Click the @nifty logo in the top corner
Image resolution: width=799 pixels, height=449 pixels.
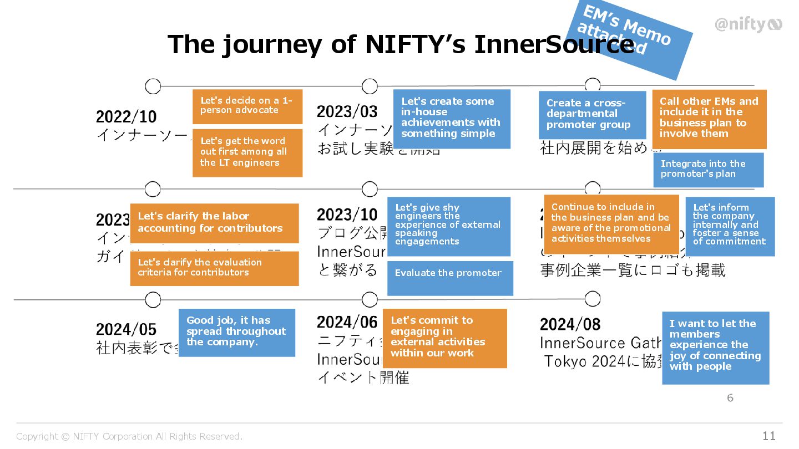pos(748,24)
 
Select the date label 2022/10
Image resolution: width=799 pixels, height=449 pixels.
pos(127,117)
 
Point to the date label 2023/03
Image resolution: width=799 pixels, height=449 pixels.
pos(347,111)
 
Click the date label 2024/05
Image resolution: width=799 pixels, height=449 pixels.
pos(127,329)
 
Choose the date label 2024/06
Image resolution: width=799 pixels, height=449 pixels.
pos(347,322)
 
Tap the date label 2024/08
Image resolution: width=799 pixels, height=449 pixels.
pos(570,324)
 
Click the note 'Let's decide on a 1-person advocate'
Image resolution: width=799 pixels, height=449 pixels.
pos(247,106)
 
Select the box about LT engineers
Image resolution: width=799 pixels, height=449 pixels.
pos(247,152)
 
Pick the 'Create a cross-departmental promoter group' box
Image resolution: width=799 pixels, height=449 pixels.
pos(592,115)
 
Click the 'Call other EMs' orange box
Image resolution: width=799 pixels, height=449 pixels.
pos(709,119)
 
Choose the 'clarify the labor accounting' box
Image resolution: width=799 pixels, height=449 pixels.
pos(214,223)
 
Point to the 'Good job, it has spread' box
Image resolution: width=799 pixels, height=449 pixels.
pos(236,332)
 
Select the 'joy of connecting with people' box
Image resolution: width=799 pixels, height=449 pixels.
pos(715,348)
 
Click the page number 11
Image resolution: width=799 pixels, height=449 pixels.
pos(768,436)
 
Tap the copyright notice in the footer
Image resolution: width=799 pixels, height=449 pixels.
pos(129,437)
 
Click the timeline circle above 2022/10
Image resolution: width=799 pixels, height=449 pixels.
pos(153,86)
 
